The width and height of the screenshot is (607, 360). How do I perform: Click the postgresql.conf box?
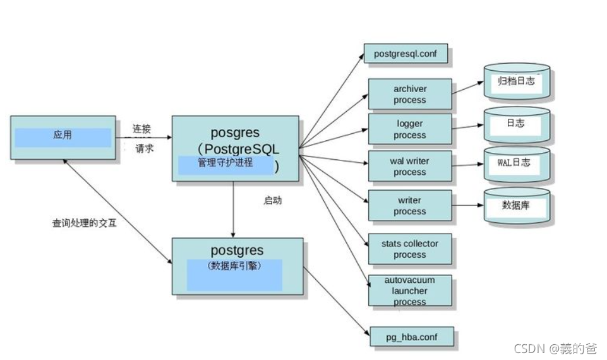(406, 54)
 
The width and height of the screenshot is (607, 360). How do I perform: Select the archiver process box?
(409, 95)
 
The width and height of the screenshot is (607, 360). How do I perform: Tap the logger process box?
(409, 129)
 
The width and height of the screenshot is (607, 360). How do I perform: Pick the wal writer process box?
(409, 167)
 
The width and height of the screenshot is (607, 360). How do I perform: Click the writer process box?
(409, 206)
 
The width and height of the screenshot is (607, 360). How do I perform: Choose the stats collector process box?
(409, 249)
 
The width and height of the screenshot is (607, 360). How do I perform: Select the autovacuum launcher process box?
(409, 291)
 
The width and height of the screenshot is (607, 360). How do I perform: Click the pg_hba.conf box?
(410, 337)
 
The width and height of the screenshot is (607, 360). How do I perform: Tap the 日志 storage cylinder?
(516, 124)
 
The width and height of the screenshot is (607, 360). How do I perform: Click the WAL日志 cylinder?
(516, 164)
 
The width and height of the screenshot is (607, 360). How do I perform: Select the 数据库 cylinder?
(516, 206)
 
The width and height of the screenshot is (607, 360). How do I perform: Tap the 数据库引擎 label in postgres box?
(234, 266)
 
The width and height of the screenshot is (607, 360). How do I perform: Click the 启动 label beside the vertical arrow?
(273, 201)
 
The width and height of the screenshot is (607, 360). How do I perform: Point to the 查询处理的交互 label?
(84, 223)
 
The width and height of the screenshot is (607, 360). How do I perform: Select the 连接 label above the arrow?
(141, 128)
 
